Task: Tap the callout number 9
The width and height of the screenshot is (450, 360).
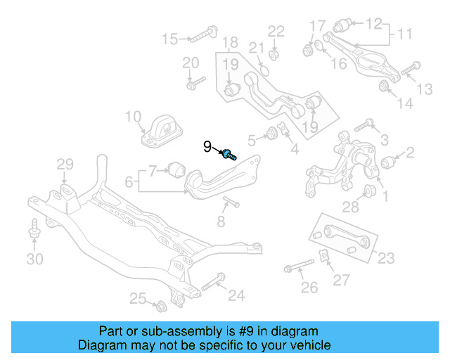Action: [x=207, y=146]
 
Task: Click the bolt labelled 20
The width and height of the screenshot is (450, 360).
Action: [x=192, y=84]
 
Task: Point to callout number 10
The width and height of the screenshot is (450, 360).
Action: [x=134, y=117]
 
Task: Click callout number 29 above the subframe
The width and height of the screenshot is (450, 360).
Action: [x=65, y=165]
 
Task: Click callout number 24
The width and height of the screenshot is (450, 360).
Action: [x=236, y=295]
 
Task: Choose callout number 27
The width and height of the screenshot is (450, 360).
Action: [x=341, y=281]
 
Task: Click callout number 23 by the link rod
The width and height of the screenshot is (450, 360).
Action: [x=387, y=257]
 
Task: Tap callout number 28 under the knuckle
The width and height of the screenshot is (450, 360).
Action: [x=350, y=205]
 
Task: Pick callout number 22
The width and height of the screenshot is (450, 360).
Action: [x=276, y=31]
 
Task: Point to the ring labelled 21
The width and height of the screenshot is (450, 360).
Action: [x=264, y=68]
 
